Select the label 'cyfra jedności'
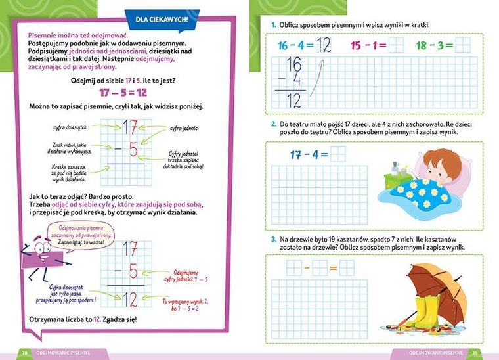click(x=184, y=128)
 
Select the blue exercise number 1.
click(x=273, y=25)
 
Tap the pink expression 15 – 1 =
click(x=368, y=45)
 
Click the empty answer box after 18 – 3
click(x=463, y=45)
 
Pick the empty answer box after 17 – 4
click(x=337, y=154)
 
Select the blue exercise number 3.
click(x=273, y=239)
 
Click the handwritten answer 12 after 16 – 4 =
click(x=324, y=45)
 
